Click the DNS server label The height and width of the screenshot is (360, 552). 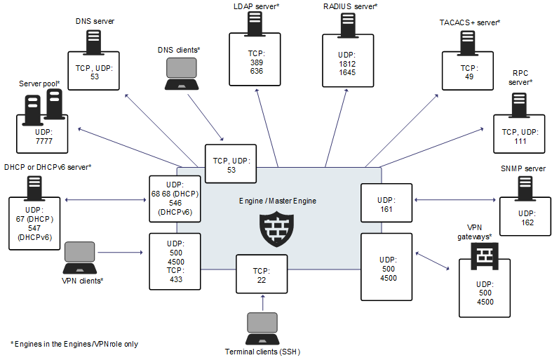coord(95,22)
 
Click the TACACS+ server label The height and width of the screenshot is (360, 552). coord(469,22)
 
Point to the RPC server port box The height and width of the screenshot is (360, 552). coord(519,127)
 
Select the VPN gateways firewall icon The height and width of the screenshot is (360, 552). coord(483,258)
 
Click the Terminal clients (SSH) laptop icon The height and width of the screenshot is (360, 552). coord(262,328)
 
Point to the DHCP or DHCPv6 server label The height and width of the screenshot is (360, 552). coord(48,166)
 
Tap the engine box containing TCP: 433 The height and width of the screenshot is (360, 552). coord(175,261)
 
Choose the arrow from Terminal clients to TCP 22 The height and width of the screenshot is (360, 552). coord(262,302)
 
